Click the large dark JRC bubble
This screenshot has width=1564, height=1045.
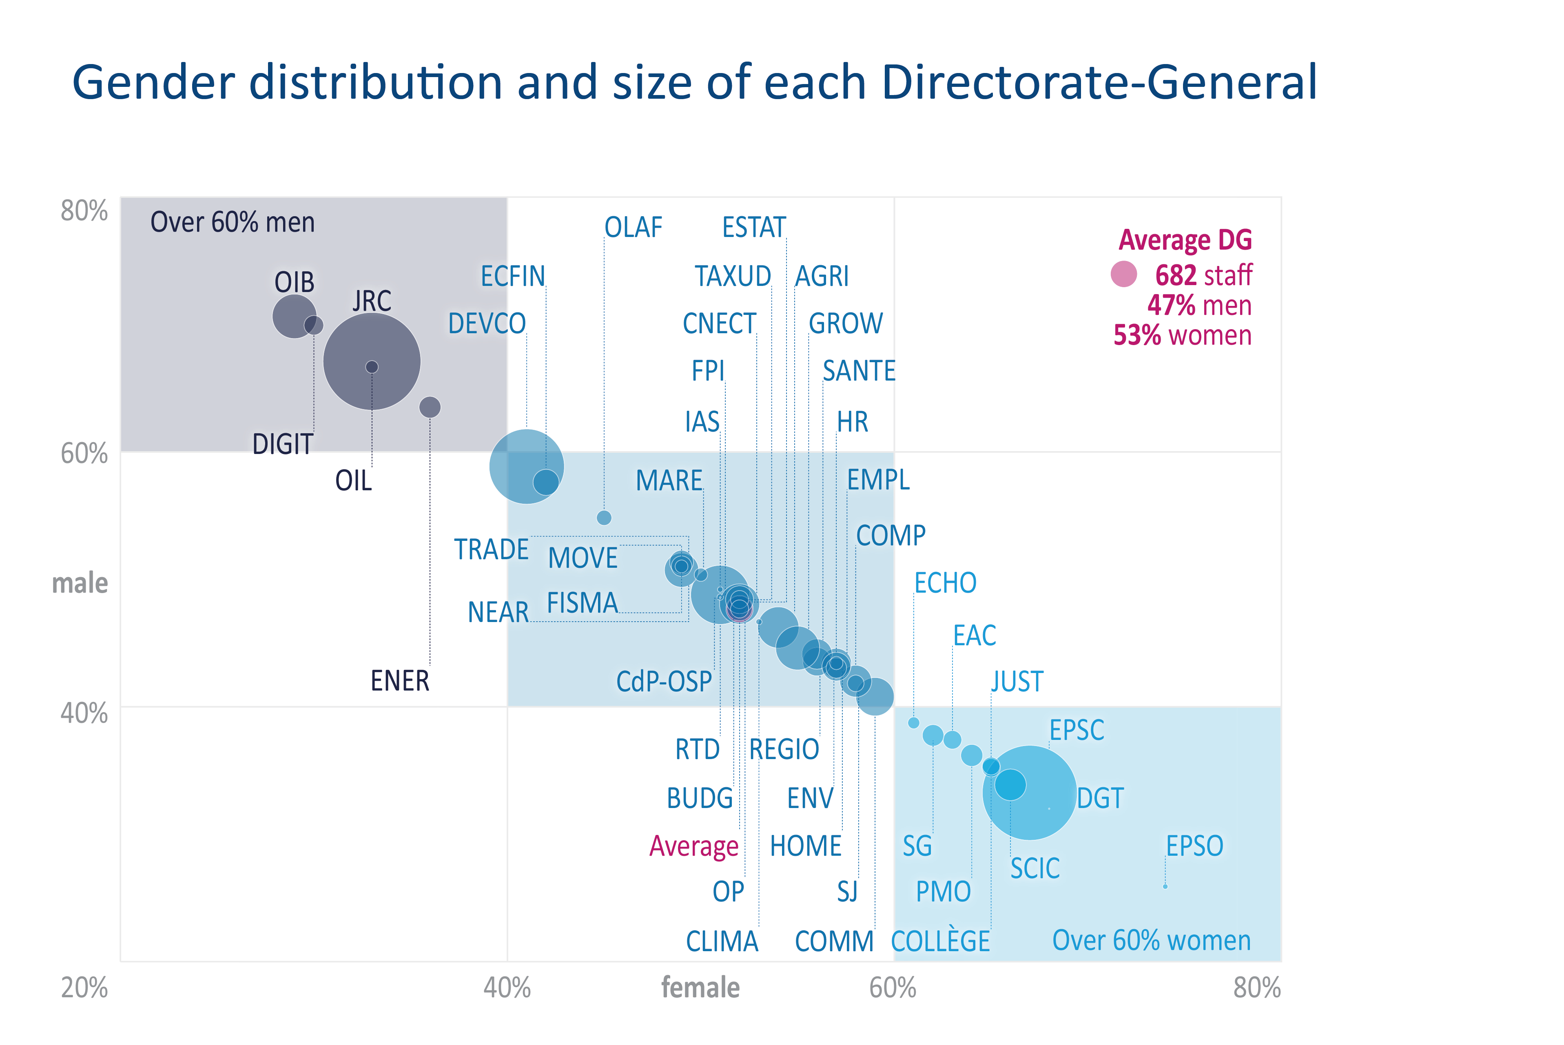[372, 361]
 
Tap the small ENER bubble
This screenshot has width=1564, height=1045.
[430, 407]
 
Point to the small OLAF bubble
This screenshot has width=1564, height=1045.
[604, 518]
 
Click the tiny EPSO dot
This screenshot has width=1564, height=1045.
[1165, 886]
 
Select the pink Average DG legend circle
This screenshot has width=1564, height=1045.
[1123, 274]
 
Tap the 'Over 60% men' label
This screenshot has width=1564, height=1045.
[232, 222]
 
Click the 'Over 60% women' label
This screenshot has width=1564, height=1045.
[1151, 940]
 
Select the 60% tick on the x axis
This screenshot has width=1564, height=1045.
[892, 987]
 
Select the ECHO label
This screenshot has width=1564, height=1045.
[944, 583]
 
